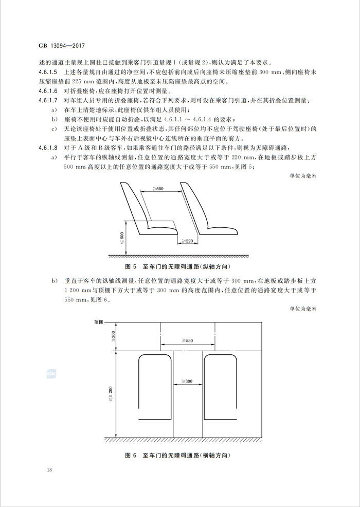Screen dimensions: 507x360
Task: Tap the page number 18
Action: coord(48,470)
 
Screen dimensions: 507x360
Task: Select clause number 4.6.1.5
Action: coord(50,71)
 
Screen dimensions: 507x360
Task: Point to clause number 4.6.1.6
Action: coord(50,90)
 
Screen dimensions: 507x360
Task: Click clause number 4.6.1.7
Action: coord(50,99)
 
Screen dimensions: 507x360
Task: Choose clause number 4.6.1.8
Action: coord(50,148)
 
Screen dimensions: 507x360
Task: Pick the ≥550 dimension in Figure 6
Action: coord(187,340)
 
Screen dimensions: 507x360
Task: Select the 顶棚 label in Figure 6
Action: coord(99,322)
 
